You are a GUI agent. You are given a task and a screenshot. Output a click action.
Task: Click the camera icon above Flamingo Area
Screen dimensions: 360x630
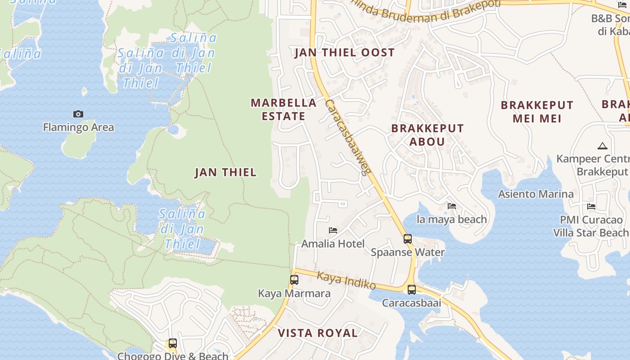78,114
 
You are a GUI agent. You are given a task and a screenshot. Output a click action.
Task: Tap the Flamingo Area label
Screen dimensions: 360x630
78,127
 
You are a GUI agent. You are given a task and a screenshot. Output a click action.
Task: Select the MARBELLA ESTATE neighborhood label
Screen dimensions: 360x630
283,109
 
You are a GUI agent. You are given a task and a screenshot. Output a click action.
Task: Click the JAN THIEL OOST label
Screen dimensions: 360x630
344,53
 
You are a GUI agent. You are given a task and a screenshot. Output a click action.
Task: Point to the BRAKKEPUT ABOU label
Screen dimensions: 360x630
427,135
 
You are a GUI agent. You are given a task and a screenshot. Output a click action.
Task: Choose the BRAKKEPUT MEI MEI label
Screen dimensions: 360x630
537,112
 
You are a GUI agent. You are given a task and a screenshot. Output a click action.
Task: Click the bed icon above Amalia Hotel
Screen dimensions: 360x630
333,230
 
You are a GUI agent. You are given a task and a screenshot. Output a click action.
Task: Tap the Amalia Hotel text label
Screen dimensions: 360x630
333,244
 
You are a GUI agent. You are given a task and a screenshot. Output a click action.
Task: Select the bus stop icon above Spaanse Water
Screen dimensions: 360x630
408,239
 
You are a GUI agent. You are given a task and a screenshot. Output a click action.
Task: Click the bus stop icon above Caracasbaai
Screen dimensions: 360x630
412,290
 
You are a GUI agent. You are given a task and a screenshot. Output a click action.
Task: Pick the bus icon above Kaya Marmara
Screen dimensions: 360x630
294,280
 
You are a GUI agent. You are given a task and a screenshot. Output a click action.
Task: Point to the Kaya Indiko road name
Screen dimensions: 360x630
346,280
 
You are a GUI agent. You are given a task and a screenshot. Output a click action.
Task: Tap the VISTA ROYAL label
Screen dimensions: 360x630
318,333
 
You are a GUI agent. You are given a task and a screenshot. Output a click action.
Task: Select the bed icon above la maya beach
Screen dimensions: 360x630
452,206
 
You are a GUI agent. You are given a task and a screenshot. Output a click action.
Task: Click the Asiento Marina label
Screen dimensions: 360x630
535,194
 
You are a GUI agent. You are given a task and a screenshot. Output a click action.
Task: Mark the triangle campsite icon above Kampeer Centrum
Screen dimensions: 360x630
602,146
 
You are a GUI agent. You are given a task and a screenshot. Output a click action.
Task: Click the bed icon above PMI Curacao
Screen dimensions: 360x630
591,207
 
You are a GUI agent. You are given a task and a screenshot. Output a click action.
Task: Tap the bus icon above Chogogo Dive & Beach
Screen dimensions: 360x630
172,344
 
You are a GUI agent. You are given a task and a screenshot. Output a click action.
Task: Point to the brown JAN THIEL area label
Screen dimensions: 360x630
225,172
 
